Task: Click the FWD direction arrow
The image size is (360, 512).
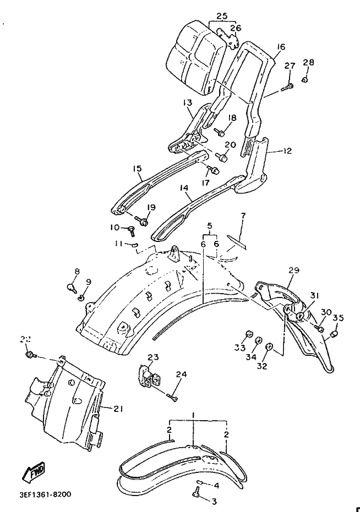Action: pyautogui.click(x=35, y=471)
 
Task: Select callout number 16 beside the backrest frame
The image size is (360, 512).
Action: pyautogui.click(x=281, y=48)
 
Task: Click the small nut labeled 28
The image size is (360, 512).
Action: pyautogui.click(x=305, y=80)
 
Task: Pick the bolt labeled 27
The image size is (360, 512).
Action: pyautogui.click(x=287, y=86)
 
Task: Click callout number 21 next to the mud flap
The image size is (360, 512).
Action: pyautogui.click(x=118, y=409)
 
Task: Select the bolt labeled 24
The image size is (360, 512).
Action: pyautogui.click(x=174, y=394)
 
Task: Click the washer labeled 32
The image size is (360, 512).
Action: pyautogui.click(x=270, y=346)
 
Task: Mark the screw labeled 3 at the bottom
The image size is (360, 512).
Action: pyautogui.click(x=196, y=493)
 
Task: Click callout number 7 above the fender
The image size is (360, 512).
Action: pyautogui.click(x=243, y=215)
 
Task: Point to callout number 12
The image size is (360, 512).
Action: pyautogui.click(x=286, y=150)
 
